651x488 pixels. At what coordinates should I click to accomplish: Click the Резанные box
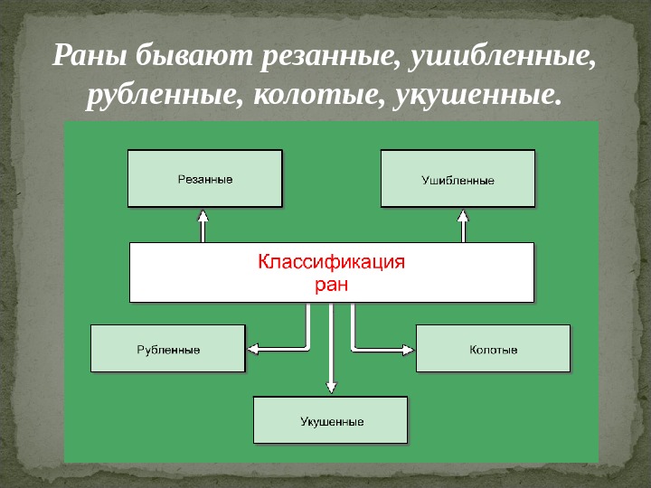click(x=204, y=179)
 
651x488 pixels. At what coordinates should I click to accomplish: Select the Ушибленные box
click(x=458, y=179)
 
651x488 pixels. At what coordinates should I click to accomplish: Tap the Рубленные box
click(x=168, y=348)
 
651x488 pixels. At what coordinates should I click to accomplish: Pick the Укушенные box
click(x=331, y=420)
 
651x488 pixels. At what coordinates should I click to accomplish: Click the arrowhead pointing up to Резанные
click(x=203, y=217)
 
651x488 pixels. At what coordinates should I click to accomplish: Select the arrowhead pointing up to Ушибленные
click(x=463, y=217)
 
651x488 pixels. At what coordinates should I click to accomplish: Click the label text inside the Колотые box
click(x=494, y=349)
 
